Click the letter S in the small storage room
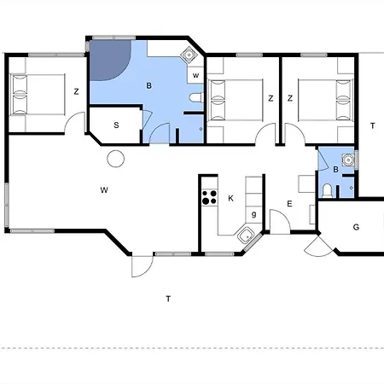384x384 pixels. [116, 125]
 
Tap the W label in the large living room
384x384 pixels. [104, 189]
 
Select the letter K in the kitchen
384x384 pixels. [230, 198]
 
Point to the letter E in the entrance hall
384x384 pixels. [289, 204]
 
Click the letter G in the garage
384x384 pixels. [356, 227]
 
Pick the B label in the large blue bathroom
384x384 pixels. [148, 85]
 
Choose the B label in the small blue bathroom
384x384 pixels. [335, 170]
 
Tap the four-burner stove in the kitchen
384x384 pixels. [210, 197]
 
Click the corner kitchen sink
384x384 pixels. [246, 236]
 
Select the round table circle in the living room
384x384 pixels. [116, 159]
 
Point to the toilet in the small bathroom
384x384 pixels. [327, 190]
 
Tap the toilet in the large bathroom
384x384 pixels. [196, 97]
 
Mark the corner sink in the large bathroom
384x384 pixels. [189, 54]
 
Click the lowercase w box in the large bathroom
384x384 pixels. [195, 75]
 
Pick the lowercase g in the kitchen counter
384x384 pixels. [254, 214]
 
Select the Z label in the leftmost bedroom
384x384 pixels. [76, 91]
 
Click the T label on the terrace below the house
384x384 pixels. [168, 299]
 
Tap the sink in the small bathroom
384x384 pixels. [348, 160]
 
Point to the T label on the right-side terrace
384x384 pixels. [373, 125]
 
